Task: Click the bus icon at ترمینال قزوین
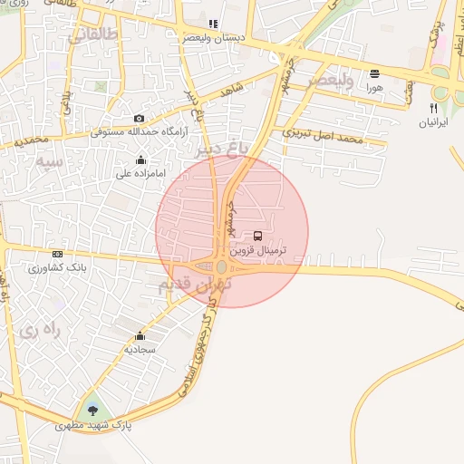pyautogui.click(x=258, y=236)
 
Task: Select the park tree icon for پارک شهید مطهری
pyautogui.click(x=92, y=410)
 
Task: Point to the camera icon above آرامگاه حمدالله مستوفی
pyautogui.click(x=139, y=119)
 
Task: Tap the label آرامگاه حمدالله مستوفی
pyautogui.click(x=139, y=132)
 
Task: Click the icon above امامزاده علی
pyautogui.click(x=140, y=160)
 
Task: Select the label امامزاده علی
pyautogui.click(x=139, y=174)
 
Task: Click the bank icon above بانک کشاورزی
pyautogui.click(x=58, y=255)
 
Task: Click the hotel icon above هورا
pyautogui.click(x=374, y=72)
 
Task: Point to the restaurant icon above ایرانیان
pyautogui.click(x=434, y=108)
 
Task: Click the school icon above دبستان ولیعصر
pyautogui.click(x=213, y=24)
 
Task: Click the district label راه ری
pyautogui.click(x=39, y=331)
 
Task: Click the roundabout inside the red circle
pyautogui.click(x=222, y=267)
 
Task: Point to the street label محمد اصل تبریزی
pyautogui.click(x=322, y=136)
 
